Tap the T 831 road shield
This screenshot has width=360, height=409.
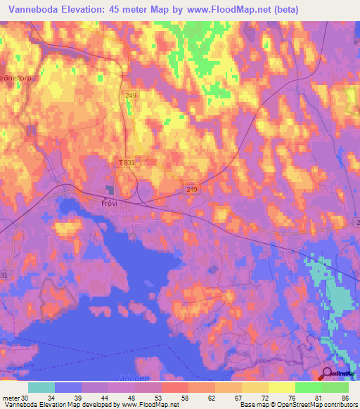[126, 162]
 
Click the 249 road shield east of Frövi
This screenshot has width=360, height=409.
[193, 190]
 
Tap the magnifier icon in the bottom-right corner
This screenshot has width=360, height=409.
[327, 374]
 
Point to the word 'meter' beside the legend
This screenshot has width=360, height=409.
[11, 398]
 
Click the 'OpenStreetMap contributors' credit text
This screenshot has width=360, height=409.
[316, 405]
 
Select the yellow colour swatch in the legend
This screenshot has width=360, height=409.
[282, 387]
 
